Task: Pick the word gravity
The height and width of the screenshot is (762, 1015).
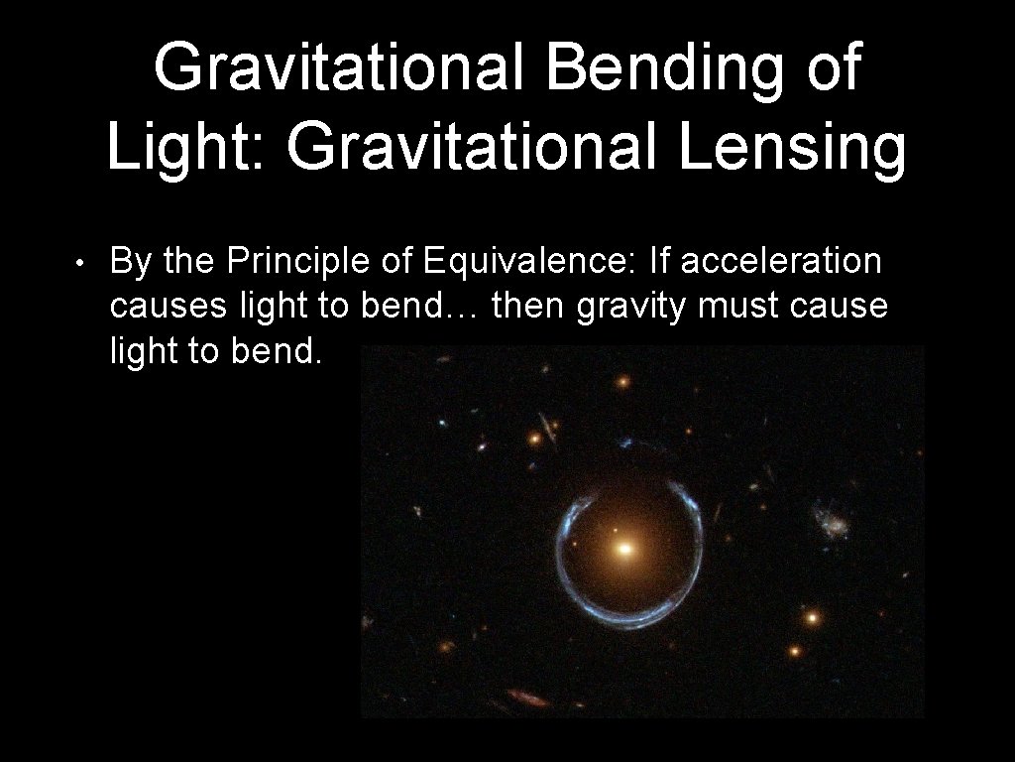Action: click(632, 308)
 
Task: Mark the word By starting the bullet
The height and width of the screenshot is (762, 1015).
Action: click(132, 261)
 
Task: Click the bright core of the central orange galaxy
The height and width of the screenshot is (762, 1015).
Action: click(623, 547)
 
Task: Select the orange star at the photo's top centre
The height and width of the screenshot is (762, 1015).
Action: click(622, 381)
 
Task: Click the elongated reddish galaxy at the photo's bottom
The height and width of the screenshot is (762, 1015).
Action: click(528, 698)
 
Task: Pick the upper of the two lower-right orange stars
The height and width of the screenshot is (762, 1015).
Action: click(812, 617)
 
